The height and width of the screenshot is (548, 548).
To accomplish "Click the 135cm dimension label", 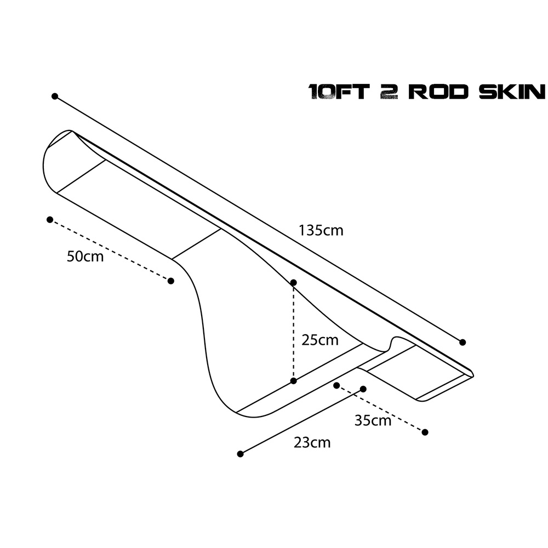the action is tap(321, 231).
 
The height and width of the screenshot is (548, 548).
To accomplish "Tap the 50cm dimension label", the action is tap(85, 256).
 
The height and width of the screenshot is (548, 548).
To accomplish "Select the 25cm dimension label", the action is tap(320, 340).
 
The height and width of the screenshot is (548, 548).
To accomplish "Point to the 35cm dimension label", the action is tap(373, 420).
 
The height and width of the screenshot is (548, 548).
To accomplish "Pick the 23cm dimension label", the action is tap(312, 443).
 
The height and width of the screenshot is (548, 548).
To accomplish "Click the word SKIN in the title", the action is tap(511, 92).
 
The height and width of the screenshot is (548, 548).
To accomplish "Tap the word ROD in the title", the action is tap(438, 92).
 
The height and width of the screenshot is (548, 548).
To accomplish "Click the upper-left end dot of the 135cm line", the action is tap(54, 96).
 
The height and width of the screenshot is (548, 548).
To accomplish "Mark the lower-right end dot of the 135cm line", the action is tap(463, 342).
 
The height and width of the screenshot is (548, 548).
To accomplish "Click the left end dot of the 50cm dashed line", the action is tap(50, 220).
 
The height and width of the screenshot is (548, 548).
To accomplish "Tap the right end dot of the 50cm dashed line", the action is tap(170, 281).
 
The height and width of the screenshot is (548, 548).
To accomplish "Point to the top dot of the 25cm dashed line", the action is tap(294, 282).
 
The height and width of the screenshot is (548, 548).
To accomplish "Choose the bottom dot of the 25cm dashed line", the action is tap(294, 381).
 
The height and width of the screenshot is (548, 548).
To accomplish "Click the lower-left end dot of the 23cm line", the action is tap(240, 454).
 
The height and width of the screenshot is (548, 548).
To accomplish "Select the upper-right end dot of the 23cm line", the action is tap(363, 389).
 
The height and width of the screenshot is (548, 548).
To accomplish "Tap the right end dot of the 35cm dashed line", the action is tap(425, 432).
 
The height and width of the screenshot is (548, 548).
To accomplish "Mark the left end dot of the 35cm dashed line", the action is tap(336, 385).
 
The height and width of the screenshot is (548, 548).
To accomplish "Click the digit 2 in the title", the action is tap(389, 92).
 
